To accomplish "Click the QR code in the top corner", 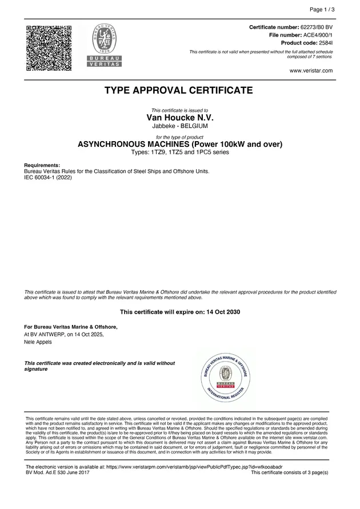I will [x=48, y=48].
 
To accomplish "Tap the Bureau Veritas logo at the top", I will [x=104, y=46].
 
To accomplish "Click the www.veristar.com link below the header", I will [x=311, y=71].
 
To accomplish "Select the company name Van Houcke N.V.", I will [x=179, y=117].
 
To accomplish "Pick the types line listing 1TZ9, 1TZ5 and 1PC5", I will [x=179, y=153].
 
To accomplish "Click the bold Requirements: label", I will [x=42, y=165].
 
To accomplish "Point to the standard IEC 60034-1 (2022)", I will [x=48, y=177].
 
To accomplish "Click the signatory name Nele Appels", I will [x=38, y=342].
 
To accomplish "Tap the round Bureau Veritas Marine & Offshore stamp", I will [x=226, y=375].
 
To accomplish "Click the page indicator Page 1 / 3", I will [x=322, y=10].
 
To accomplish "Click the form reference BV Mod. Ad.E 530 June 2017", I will [x=58, y=472].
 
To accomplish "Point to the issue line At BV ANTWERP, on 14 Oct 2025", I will [x=63, y=334].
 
